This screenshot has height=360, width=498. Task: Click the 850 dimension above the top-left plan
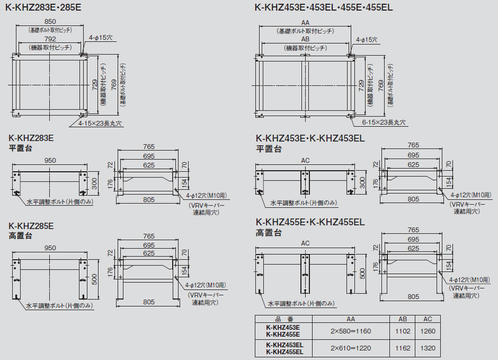(50, 21)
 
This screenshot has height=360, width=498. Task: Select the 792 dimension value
(50, 39)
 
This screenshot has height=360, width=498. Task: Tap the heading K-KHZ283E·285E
(43, 7)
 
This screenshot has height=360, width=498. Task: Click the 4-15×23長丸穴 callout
(100, 124)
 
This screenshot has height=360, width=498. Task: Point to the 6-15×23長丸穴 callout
(384, 122)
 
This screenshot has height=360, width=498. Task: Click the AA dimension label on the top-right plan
(305, 23)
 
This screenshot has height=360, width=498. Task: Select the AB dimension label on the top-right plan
(305, 39)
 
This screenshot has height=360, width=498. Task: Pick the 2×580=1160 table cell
(351, 331)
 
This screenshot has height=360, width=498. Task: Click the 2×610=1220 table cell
(351, 348)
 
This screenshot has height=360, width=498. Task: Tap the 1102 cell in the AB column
(403, 331)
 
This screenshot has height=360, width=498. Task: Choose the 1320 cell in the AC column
(428, 348)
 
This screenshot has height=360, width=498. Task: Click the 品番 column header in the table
(284, 319)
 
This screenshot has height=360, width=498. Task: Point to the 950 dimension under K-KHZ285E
(50, 248)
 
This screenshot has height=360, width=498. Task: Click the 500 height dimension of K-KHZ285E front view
(94, 279)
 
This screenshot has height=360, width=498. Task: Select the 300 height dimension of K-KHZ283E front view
(94, 183)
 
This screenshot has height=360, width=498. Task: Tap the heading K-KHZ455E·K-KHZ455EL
(310, 222)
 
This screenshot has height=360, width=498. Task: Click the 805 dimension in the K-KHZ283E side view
(149, 199)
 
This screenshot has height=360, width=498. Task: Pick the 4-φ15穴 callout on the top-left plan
(100, 38)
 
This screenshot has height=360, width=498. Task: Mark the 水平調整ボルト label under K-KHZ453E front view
(304, 203)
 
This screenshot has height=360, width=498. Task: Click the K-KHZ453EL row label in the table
(284, 345)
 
